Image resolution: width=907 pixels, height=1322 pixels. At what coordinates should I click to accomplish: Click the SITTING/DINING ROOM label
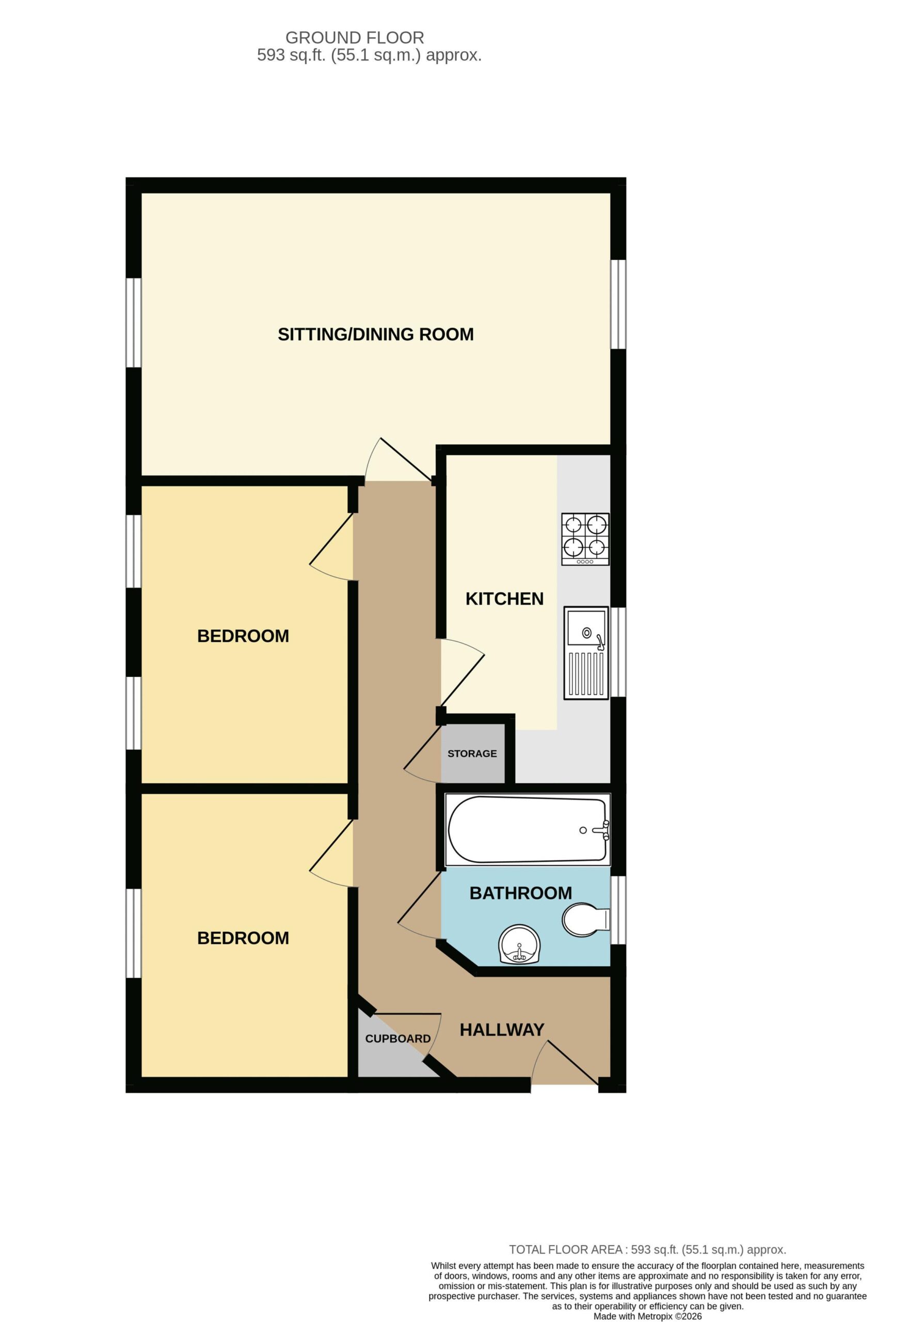click(x=375, y=334)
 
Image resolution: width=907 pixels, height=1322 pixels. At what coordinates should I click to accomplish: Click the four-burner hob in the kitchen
click(x=585, y=539)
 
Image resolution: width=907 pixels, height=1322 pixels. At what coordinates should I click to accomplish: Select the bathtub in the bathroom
click(x=527, y=830)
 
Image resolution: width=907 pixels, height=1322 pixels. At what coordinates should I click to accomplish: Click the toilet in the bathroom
click(x=586, y=919)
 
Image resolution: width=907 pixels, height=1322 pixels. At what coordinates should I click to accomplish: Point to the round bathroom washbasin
click(x=519, y=945)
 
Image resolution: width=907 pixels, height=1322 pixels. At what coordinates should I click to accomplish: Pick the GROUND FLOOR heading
click(x=355, y=38)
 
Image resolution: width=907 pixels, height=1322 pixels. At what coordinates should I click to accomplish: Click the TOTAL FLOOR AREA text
click(x=647, y=1250)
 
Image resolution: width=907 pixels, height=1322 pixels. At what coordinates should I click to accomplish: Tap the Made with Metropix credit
click(x=648, y=1316)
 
